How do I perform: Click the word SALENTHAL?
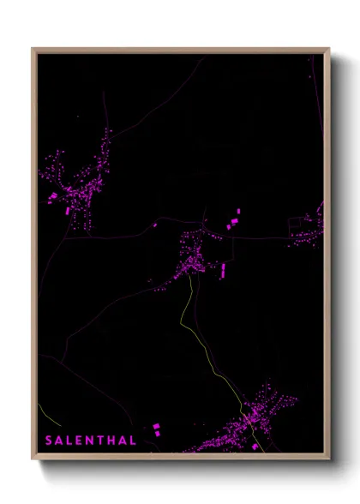pos(91,441)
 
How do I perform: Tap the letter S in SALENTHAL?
pos(49,441)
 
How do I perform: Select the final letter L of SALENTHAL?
pos(133,441)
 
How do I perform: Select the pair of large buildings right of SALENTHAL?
pos(157,429)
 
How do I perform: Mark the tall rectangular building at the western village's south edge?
pos(68,208)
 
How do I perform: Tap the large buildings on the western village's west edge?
pos(52,196)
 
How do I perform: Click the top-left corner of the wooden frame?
pos(33,49)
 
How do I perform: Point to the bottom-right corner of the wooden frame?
pos(329,460)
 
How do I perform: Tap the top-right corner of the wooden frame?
pos(329,49)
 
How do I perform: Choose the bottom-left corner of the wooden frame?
pos(33,460)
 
